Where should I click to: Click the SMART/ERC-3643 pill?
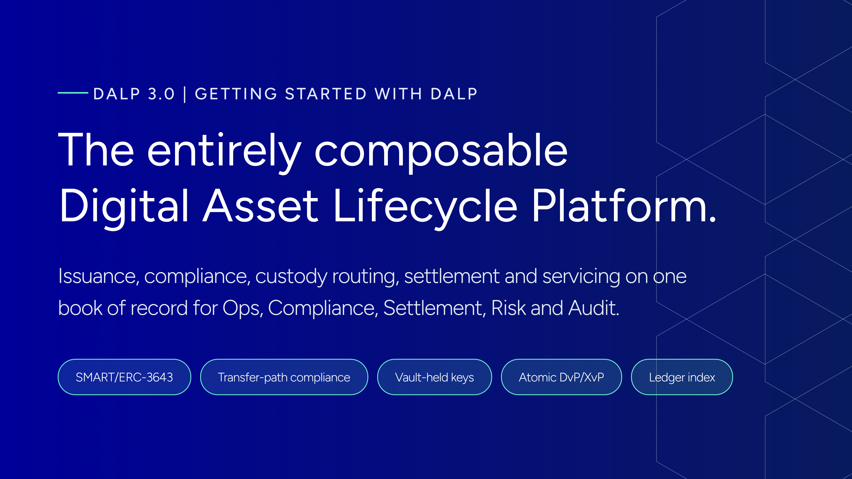[124, 377]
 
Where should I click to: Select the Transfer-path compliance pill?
[284, 377]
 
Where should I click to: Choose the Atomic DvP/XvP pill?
[562, 377]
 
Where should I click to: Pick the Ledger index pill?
[682, 377]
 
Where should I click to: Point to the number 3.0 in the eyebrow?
[161, 94]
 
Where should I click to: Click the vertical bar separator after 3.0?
[185, 94]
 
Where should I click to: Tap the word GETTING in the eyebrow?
[236, 94]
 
